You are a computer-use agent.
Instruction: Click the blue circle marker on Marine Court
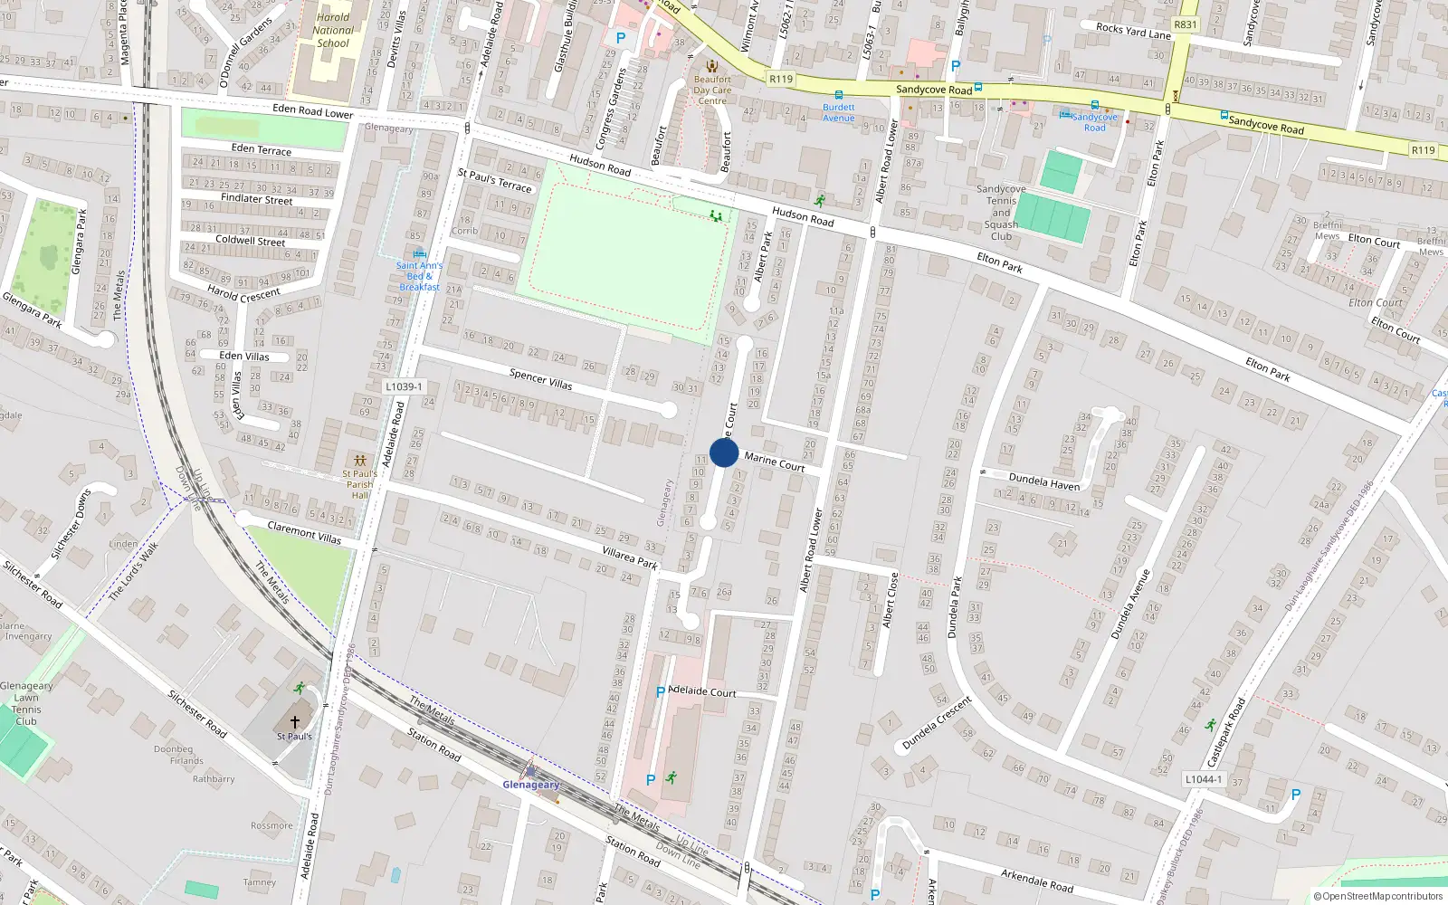pos(724,452)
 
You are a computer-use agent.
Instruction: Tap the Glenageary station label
pos(531,785)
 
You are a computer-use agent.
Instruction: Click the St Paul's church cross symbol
pos(294,722)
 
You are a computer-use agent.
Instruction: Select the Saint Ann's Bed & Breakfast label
pos(419,276)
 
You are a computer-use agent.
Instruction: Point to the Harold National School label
pos(333,30)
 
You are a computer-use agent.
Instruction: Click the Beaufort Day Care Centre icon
pos(712,66)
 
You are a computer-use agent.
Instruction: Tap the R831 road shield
pos(1185,25)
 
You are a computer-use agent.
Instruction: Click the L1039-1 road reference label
pos(404,386)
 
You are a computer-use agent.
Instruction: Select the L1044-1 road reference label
pos(1203,779)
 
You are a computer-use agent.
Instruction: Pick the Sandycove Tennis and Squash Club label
pos(1001,213)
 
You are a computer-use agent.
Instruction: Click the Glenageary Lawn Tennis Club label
pos(26,703)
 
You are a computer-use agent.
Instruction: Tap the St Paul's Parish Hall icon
pos(360,461)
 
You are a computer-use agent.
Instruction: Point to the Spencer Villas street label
pos(540,378)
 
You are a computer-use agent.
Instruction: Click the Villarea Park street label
pos(630,557)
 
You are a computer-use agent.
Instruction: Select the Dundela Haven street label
pos(1044,481)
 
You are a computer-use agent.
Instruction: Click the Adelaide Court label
pos(702,691)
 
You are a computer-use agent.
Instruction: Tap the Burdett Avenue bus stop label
pos(839,112)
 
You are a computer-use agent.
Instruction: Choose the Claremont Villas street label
pos(304,532)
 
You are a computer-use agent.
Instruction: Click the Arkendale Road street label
pos(1037,880)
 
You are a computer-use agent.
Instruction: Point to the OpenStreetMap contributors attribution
pos(1377,897)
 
